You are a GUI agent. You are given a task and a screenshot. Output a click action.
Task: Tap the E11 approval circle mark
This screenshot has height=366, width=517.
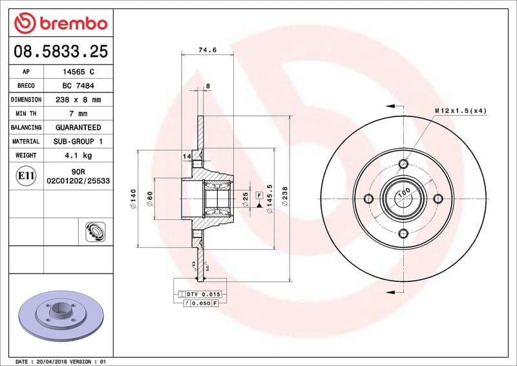tap(26, 175)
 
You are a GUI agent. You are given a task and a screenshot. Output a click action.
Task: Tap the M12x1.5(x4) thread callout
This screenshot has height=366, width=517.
tap(460, 111)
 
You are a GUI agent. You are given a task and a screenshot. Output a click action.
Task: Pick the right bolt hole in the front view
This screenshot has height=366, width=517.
tap(438, 198)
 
